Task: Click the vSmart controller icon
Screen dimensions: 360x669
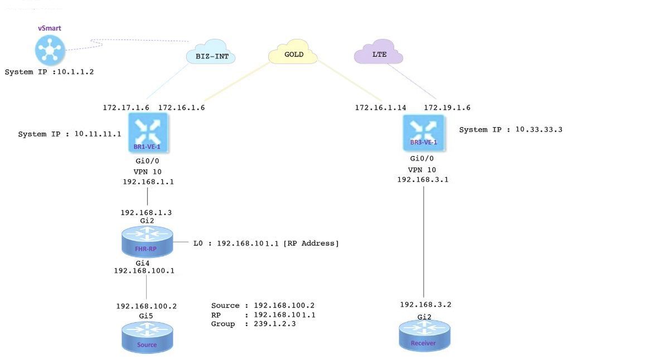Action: pyautogui.click(x=50, y=50)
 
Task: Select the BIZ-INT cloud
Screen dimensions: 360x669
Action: pyautogui.click(x=211, y=55)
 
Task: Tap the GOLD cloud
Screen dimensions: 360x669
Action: pyautogui.click(x=293, y=54)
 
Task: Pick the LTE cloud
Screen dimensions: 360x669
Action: pyautogui.click(x=379, y=54)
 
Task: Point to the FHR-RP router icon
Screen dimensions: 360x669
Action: pyautogui.click(x=147, y=243)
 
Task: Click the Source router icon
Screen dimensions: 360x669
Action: pyautogui.click(x=147, y=338)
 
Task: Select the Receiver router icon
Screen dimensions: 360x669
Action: pyautogui.click(x=424, y=336)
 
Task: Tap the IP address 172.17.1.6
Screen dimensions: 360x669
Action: pyautogui.click(x=125, y=108)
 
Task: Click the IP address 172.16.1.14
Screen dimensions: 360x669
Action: pyautogui.click(x=380, y=108)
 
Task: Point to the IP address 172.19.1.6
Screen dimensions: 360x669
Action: pyautogui.click(x=447, y=108)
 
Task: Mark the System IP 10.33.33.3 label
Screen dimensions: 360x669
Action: pyautogui.click(x=511, y=130)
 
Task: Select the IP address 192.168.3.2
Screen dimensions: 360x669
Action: pyautogui.click(x=425, y=304)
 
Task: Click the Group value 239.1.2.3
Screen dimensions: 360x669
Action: pyautogui.click(x=274, y=324)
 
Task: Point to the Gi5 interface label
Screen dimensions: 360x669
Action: pyautogui.click(x=146, y=315)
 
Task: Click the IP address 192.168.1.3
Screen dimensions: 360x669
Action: pyautogui.click(x=147, y=212)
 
